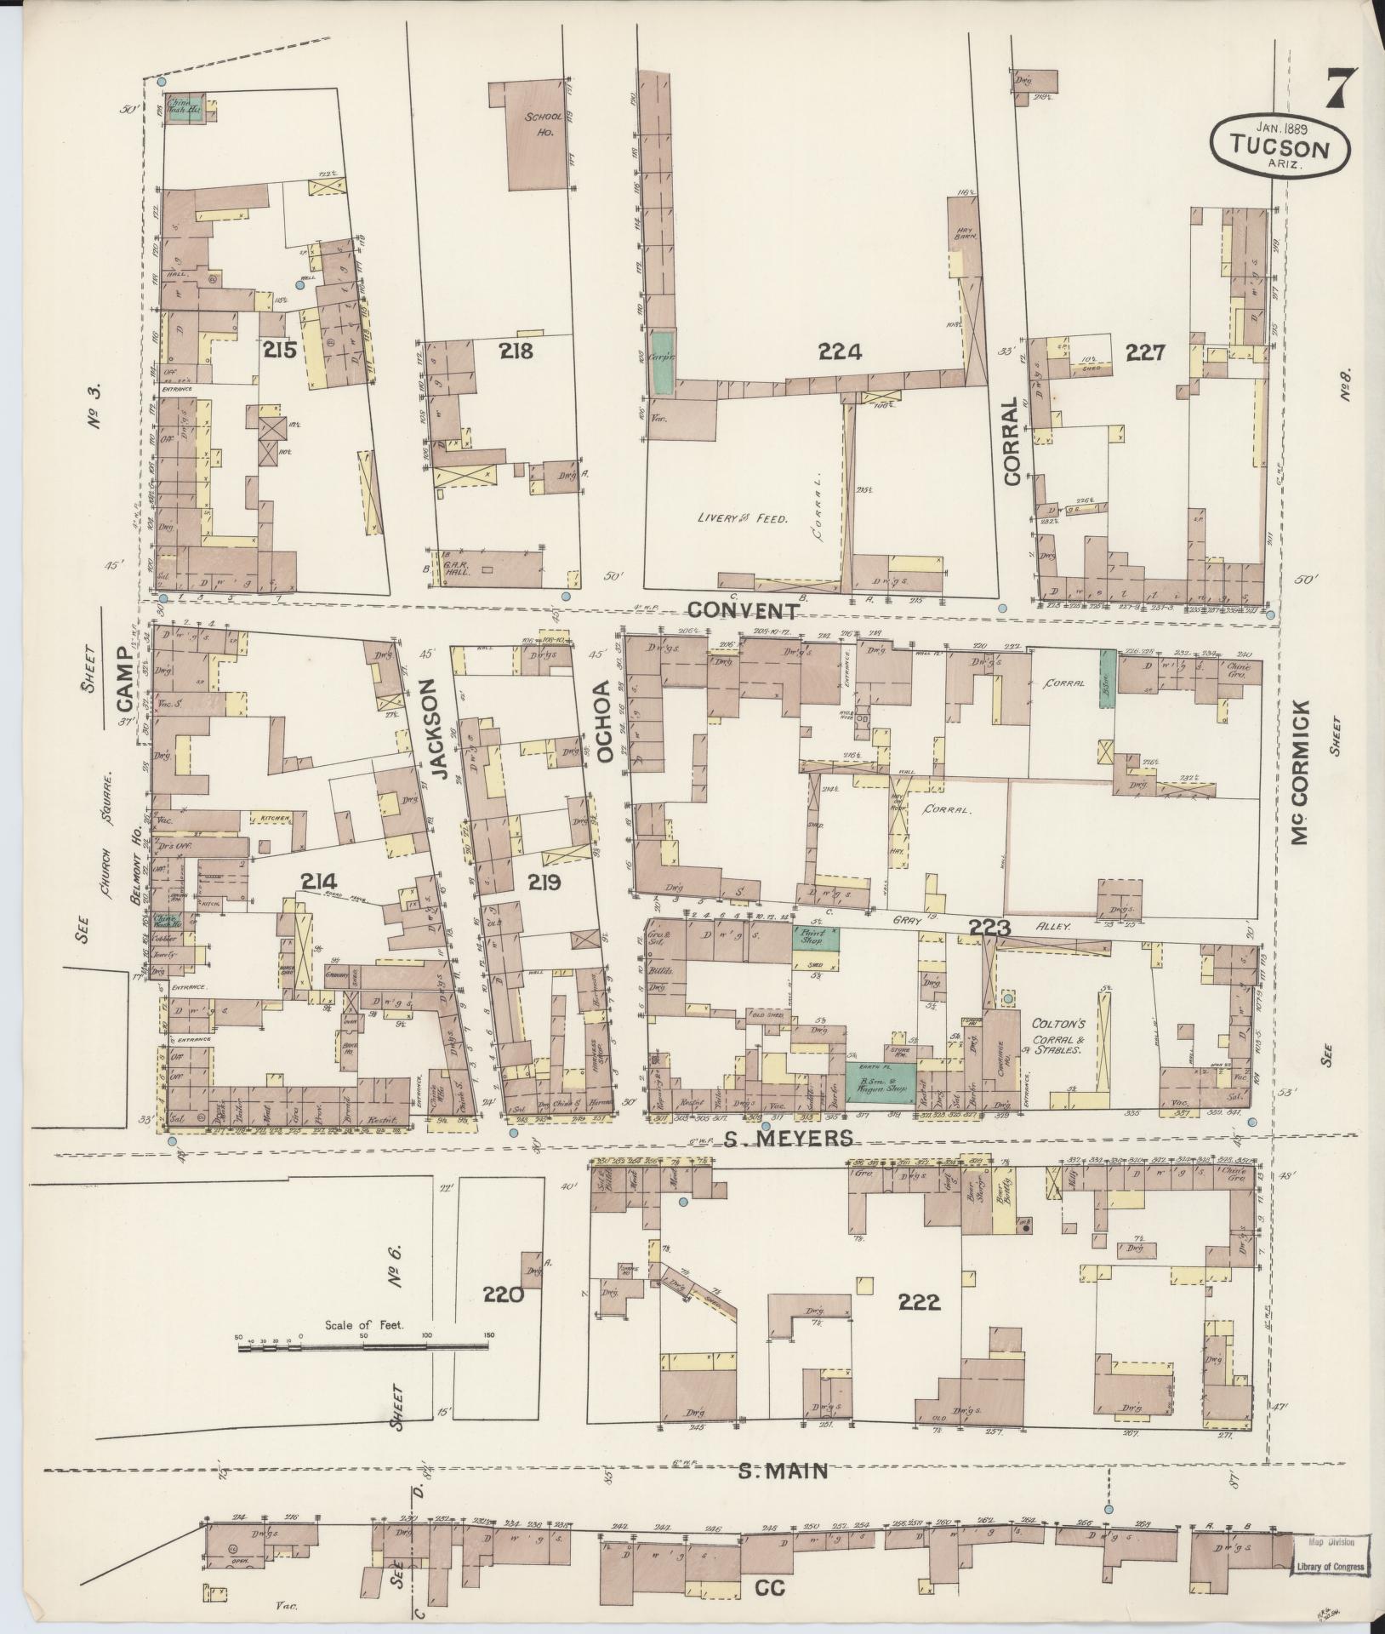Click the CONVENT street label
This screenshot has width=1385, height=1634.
(743, 610)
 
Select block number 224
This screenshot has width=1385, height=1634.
(840, 351)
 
